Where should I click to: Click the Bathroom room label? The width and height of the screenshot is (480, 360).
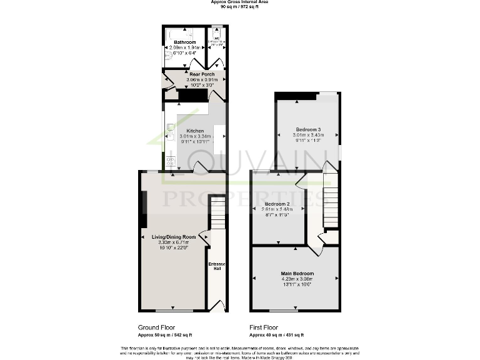(x=185, y=42)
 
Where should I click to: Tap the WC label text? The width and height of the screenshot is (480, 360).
(x=216, y=37)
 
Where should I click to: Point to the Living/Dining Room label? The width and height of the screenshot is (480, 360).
(x=174, y=237)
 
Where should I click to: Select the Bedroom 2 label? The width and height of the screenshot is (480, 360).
(x=277, y=204)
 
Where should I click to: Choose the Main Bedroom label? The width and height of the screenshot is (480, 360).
(x=297, y=274)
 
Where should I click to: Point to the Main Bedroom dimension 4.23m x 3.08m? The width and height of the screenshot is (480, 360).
(x=297, y=279)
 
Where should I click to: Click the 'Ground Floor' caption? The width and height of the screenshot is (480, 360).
(x=156, y=327)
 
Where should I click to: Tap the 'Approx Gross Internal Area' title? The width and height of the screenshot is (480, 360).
(x=240, y=2)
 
